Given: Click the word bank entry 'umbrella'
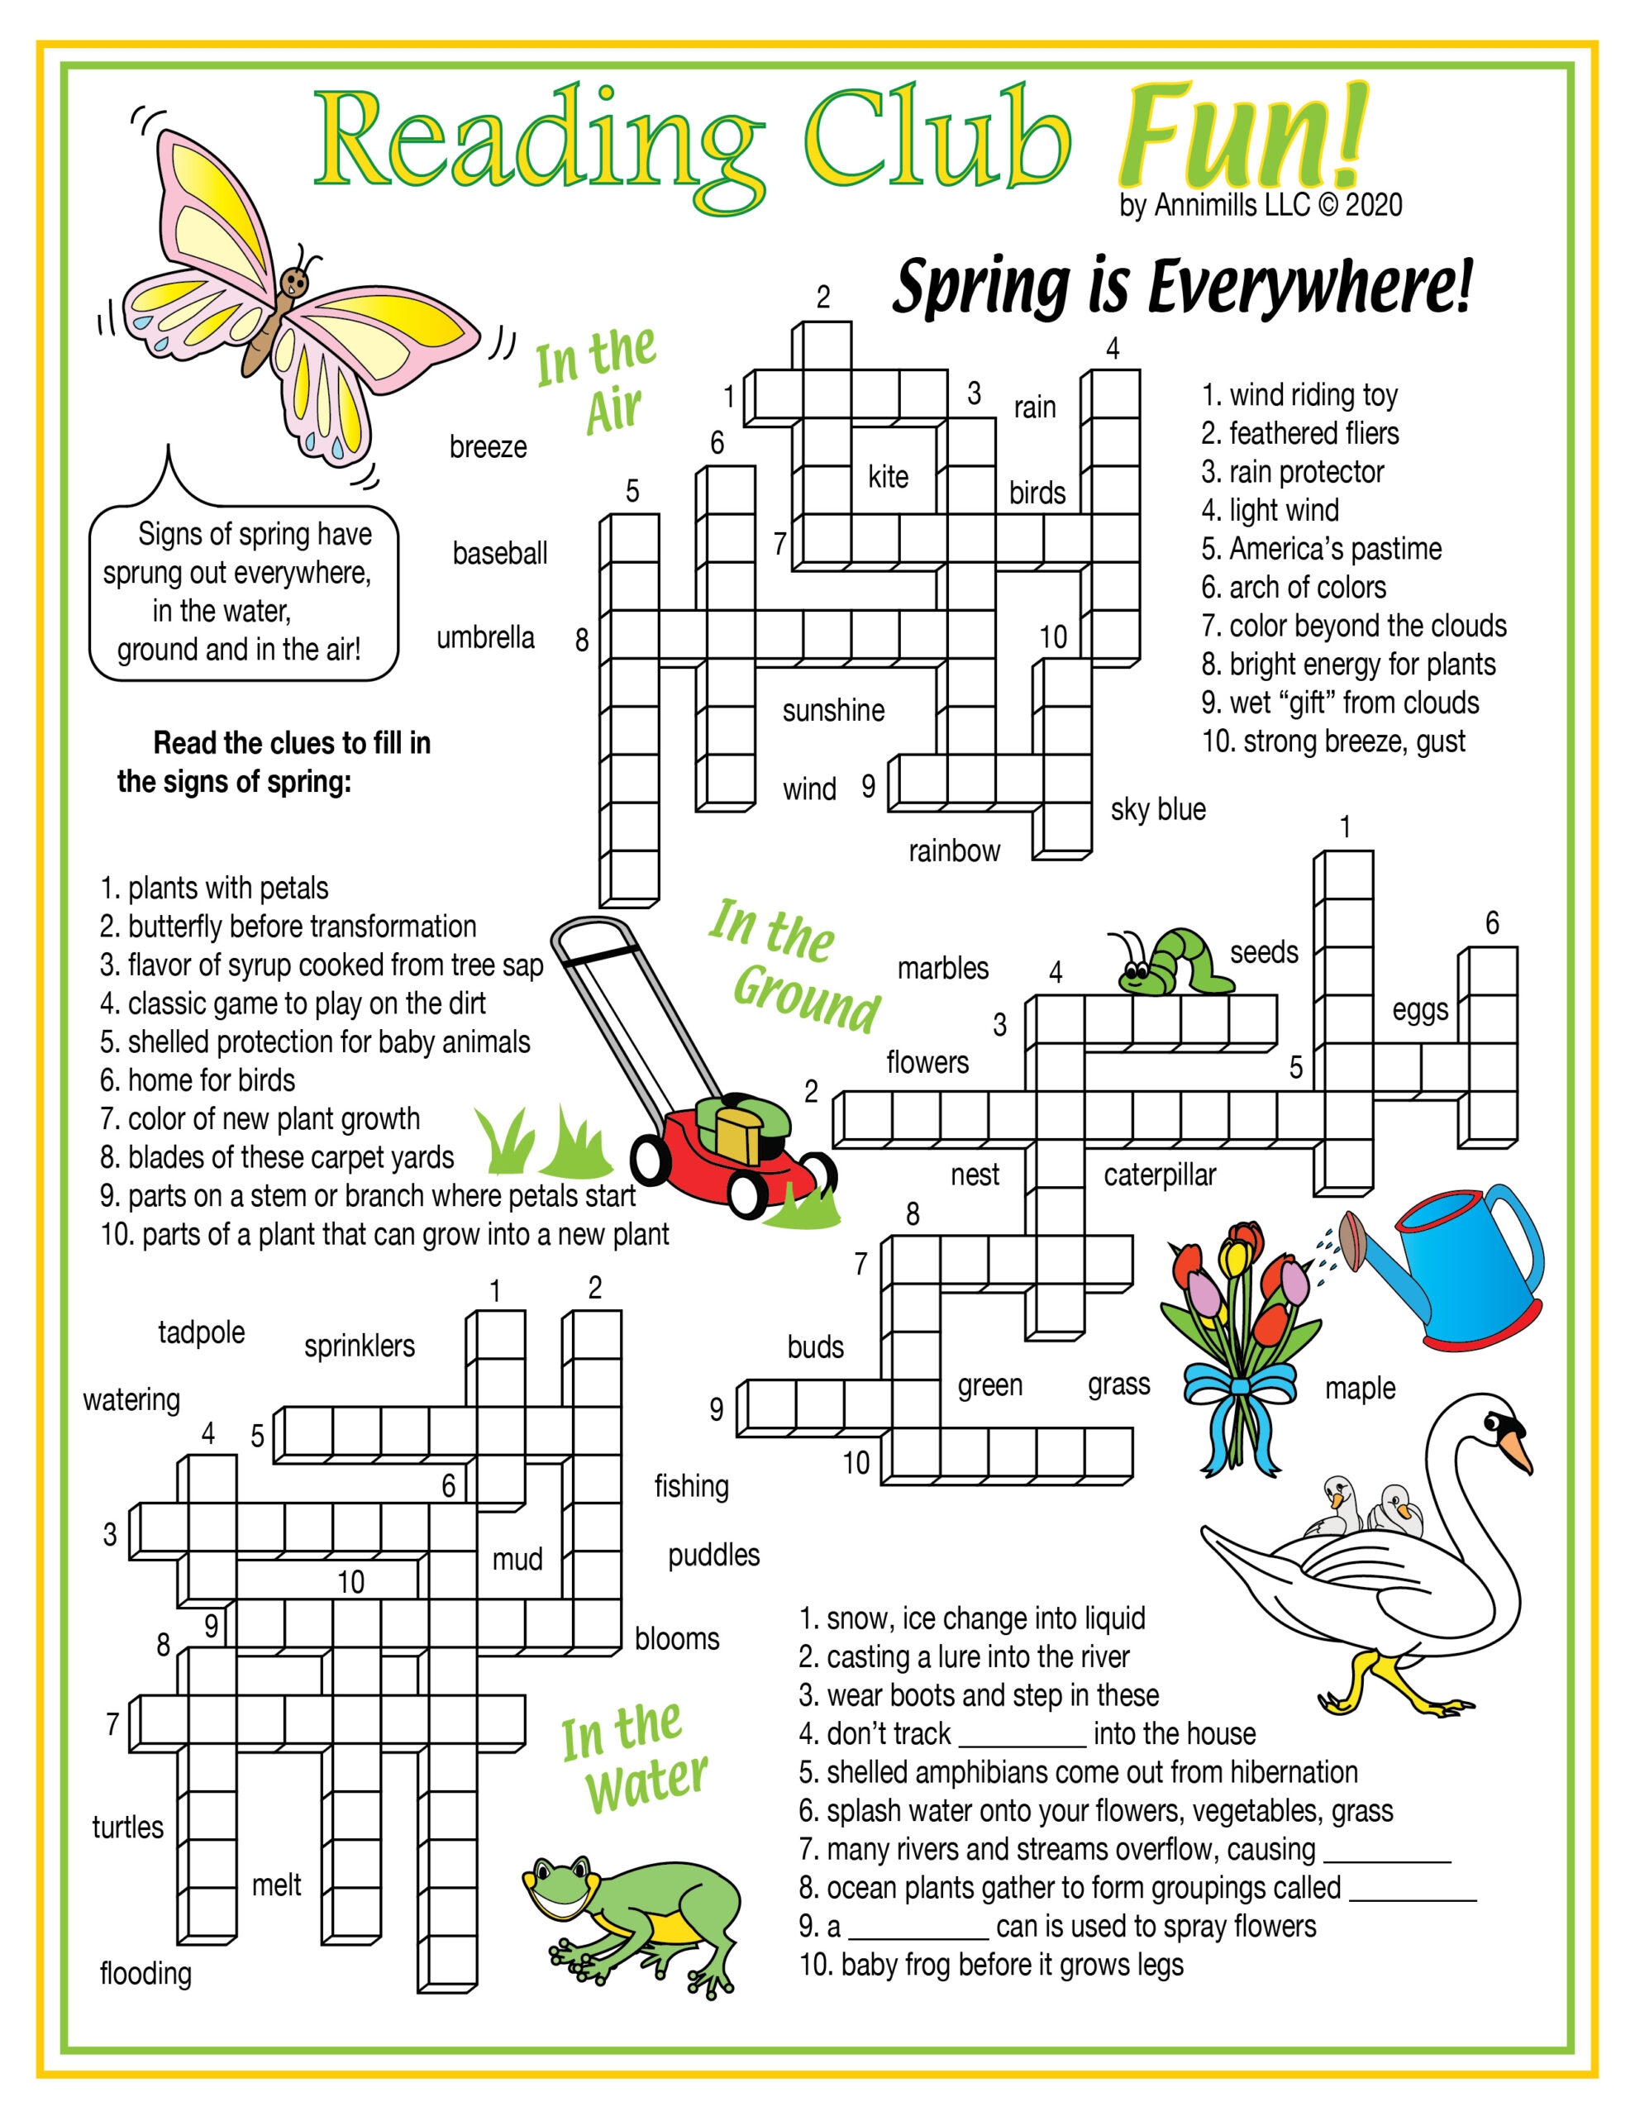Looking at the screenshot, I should point(485,637).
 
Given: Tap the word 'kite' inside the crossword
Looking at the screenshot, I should point(888,476).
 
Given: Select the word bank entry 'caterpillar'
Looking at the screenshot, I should point(1159,1175).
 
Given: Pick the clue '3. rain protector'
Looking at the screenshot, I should point(1292,472).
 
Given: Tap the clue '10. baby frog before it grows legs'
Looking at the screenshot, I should point(990,1965).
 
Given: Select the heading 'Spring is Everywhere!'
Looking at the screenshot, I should point(1182,287).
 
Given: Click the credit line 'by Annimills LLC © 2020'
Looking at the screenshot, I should point(1260,205).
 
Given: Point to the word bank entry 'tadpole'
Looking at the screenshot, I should point(202,1332).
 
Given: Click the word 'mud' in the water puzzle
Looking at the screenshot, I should point(517,1559).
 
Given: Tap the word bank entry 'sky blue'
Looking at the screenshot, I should point(1158,809).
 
